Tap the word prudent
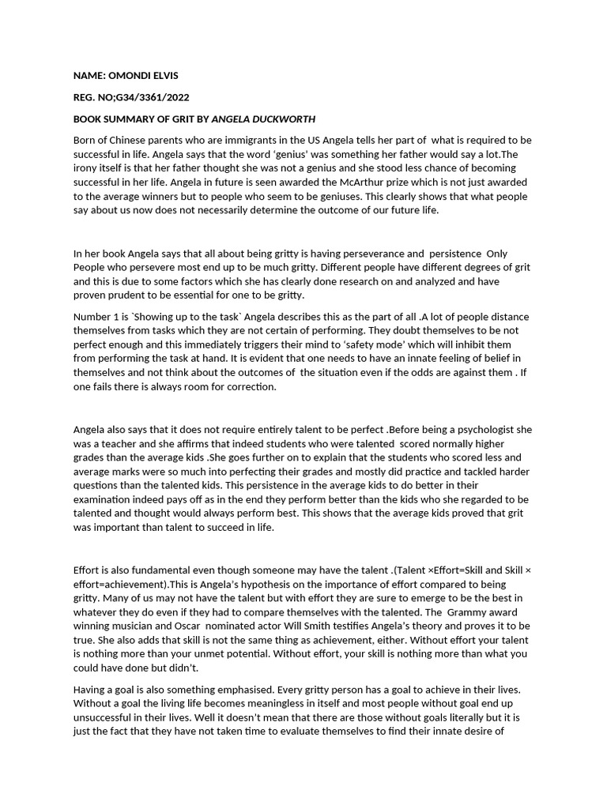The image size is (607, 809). [x=112, y=295]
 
